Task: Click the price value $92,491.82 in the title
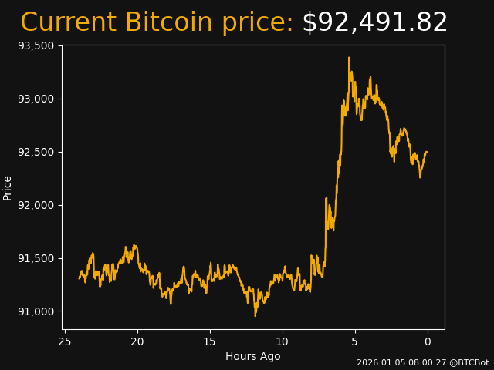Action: [374, 22]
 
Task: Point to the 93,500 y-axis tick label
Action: [36, 45]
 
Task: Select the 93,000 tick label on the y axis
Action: [36, 99]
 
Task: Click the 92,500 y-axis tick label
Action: [36, 152]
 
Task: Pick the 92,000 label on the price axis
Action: [36, 205]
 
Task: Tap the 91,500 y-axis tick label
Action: [36, 258]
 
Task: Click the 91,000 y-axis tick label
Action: [36, 311]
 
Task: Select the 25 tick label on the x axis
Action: [65, 341]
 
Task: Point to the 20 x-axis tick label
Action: [137, 341]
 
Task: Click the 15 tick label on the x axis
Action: [210, 341]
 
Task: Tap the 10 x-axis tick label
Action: [283, 341]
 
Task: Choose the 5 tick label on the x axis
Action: [355, 341]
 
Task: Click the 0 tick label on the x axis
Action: [428, 341]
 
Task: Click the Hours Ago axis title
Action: [252, 356]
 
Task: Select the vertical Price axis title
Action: [8, 187]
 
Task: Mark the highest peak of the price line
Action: [349, 57]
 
